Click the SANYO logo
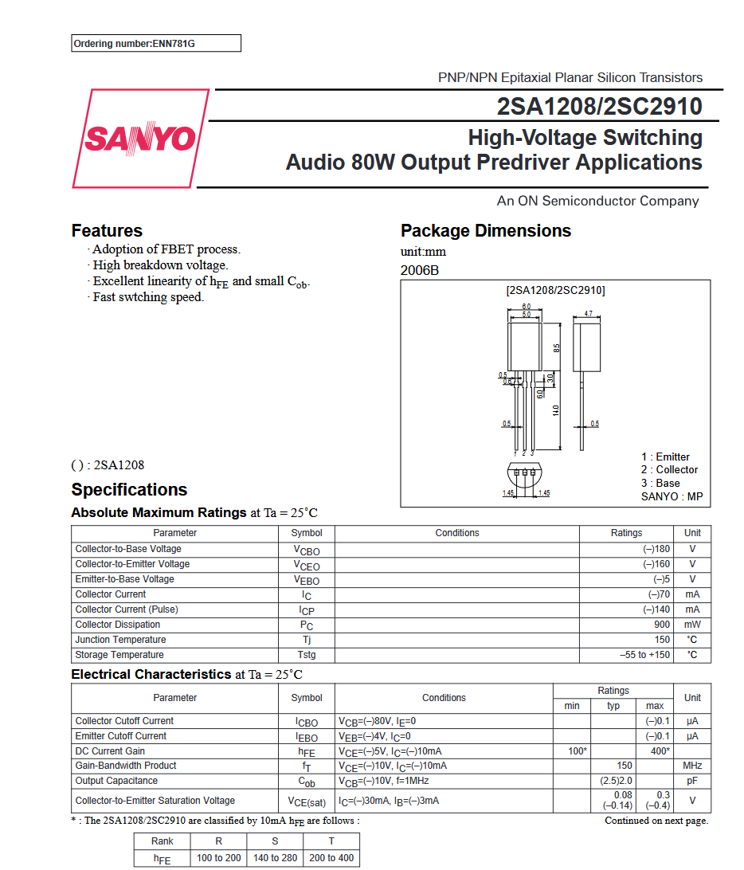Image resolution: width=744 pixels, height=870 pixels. click(140, 139)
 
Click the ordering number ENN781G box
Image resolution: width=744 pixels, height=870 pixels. click(156, 44)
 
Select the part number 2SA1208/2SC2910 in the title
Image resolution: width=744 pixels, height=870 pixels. click(599, 107)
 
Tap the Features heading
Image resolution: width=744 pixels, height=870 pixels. click(107, 231)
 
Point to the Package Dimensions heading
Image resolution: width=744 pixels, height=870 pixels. click(486, 231)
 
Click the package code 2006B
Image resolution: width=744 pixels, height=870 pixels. click(419, 270)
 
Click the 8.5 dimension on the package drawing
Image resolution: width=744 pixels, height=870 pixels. click(557, 348)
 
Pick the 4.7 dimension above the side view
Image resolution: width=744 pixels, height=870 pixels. click(588, 314)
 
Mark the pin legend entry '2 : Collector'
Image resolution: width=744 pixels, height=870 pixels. click(669, 470)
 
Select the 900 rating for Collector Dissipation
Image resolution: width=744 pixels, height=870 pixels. click(661, 625)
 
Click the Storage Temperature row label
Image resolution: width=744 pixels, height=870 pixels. click(119, 655)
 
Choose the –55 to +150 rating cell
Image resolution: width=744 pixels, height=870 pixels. click(645, 655)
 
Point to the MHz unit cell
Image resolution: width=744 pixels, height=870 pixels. click(692, 766)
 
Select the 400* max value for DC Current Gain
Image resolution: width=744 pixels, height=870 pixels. click(657, 751)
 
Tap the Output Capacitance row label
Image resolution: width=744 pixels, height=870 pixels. click(116, 781)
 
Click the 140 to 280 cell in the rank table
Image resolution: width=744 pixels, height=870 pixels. click(275, 858)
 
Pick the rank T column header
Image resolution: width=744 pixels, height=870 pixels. click(331, 841)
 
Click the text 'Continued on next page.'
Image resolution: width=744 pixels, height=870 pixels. click(656, 821)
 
